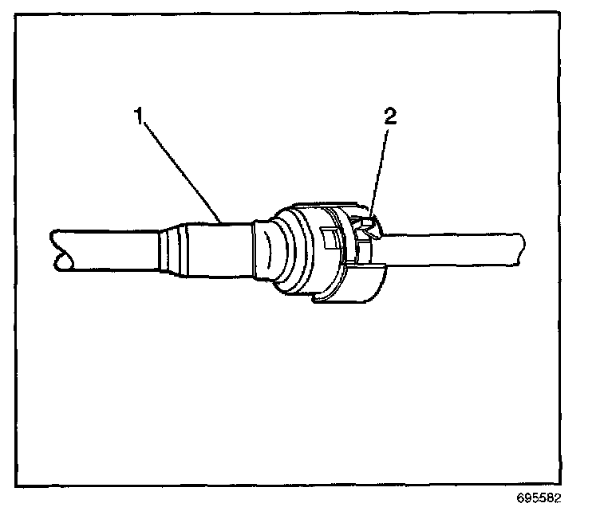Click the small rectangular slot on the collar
(x=328, y=237)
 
